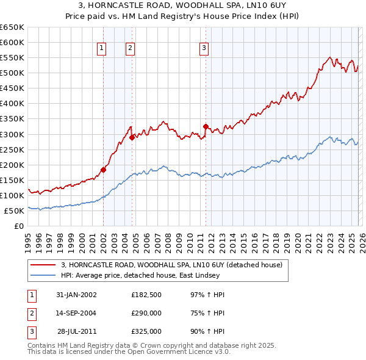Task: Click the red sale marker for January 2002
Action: (103, 170)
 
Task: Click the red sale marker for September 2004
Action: (132, 137)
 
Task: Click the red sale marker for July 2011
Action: (206, 126)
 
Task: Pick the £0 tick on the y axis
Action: (19, 226)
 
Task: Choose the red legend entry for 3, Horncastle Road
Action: (171, 265)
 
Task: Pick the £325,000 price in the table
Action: (146, 331)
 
